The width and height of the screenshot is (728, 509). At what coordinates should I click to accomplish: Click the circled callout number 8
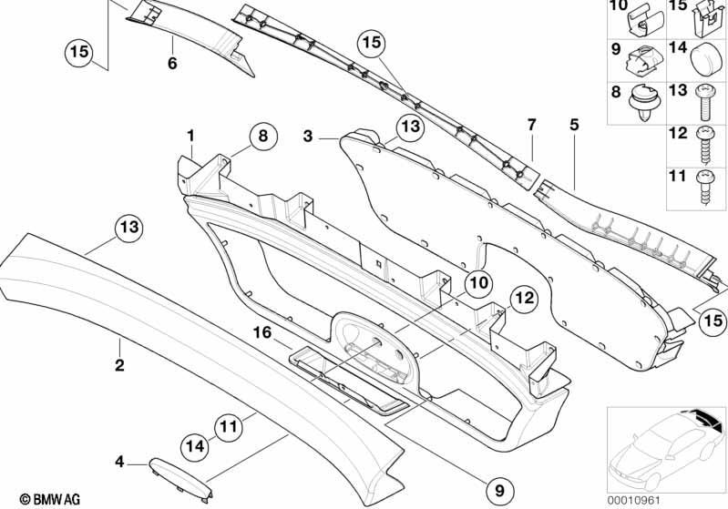(263, 137)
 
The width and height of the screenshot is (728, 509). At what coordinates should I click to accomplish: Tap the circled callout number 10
(478, 282)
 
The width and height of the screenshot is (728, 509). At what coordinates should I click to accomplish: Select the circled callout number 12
(524, 299)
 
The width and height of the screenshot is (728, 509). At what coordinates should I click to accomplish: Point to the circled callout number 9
(499, 490)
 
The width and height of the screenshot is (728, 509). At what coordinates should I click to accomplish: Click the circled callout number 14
(195, 446)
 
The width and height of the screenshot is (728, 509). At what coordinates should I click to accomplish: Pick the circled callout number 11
(228, 426)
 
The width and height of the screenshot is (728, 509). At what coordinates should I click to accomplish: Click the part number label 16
(261, 332)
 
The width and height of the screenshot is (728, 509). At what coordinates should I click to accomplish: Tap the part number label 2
(119, 365)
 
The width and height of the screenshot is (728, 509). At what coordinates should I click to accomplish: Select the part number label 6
(172, 63)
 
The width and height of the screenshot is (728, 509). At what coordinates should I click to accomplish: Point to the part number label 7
(531, 125)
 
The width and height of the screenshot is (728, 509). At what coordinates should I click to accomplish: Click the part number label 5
(574, 125)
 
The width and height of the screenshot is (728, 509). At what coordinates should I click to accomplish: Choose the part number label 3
(308, 137)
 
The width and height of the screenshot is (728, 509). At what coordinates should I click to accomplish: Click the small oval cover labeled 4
(180, 479)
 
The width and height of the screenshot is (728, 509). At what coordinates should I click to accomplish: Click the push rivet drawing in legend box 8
(645, 102)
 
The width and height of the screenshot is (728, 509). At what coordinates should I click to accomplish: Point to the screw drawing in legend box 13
(704, 104)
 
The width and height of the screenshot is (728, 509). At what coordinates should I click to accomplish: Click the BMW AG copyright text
(50, 499)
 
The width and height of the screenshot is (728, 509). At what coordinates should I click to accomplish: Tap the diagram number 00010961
(633, 500)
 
